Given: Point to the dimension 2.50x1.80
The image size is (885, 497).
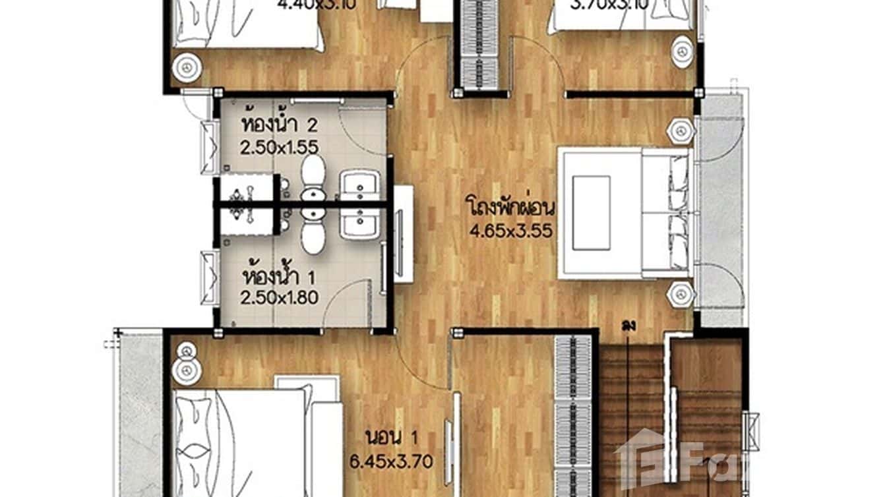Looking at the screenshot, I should point(279,297).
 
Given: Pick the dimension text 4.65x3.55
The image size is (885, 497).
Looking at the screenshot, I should point(510,231).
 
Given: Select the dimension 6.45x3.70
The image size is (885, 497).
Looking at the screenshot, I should point(392,461).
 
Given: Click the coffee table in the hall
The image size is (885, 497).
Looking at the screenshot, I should point(591,212).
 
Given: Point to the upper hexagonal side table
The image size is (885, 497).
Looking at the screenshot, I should point(679,131).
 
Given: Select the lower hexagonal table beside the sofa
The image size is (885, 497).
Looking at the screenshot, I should point(679,293).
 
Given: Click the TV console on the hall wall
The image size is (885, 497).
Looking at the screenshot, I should point(404,234).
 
